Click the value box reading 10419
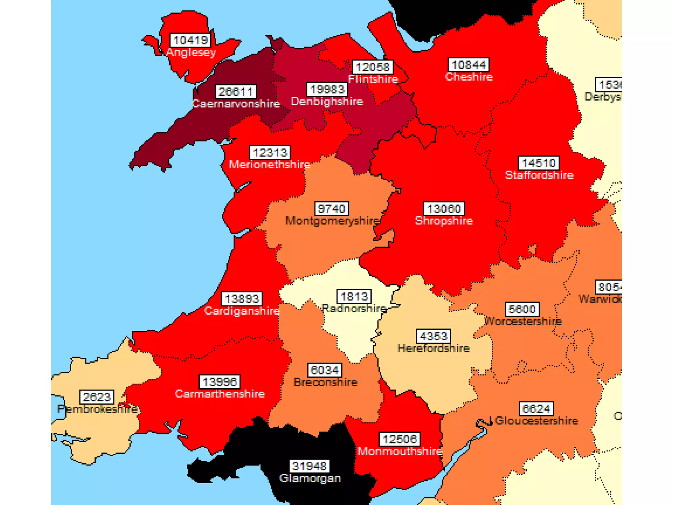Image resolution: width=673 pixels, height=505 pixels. (x=190, y=40)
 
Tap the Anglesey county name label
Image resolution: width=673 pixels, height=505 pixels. (x=191, y=52)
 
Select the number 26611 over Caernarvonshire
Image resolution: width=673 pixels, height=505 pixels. (x=236, y=92)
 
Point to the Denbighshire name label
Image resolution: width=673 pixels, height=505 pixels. (x=327, y=101)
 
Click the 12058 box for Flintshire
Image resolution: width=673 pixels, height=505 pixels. (x=372, y=67)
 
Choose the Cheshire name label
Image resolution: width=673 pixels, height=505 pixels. (x=469, y=77)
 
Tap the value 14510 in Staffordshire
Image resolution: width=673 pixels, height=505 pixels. (x=538, y=163)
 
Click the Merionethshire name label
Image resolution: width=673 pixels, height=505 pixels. (x=269, y=164)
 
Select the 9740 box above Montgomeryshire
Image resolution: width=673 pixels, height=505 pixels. (x=331, y=209)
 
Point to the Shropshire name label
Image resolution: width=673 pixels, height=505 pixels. (x=444, y=221)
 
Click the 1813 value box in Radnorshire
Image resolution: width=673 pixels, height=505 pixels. (x=354, y=297)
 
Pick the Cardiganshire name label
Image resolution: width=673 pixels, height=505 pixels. (x=242, y=311)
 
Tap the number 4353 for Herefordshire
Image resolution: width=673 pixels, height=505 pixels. (x=433, y=336)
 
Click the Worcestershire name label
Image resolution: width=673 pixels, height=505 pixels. (x=523, y=321)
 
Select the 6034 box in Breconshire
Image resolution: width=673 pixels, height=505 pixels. (x=324, y=371)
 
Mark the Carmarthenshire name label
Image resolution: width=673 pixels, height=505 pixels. (x=220, y=394)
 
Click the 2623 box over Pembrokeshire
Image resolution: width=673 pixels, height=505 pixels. (x=97, y=397)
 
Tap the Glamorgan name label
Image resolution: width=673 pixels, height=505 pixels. (x=310, y=478)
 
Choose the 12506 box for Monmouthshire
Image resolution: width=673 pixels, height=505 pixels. (x=400, y=439)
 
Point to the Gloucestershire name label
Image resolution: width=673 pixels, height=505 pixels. (x=536, y=421)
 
